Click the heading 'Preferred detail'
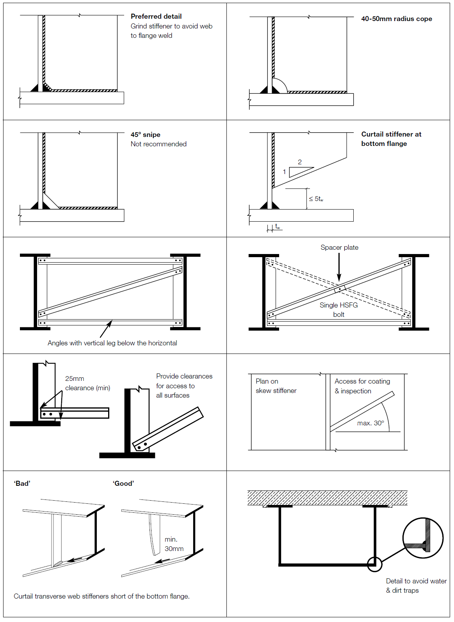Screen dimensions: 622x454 coord(156,16)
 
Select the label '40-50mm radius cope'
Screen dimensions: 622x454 coord(396,19)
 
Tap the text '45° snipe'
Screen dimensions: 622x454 coord(145,135)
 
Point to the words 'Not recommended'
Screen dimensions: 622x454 coord(158,144)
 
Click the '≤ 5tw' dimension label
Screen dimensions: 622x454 coord(316,199)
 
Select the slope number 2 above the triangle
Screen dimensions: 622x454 coord(300,162)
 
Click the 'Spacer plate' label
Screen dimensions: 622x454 coord(339,247)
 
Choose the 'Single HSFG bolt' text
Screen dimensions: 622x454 coord(338,310)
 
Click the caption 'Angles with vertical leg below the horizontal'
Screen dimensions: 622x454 coord(112,343)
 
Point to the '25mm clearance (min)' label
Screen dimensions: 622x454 coord(87,383)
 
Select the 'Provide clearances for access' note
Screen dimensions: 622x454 coord(184,386)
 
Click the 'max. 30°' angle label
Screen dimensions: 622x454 coord(370,423)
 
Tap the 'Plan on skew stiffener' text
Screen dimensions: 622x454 coord(276,386)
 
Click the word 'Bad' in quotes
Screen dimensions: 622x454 coord(22,483)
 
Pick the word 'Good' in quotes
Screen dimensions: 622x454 coord(123,483)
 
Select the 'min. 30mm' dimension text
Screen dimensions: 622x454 coord(174,544)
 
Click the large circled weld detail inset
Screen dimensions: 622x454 coord(423,538)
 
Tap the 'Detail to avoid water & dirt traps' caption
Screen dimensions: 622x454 coord(416,586)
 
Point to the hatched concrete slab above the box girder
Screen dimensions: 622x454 coord(327,498)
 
